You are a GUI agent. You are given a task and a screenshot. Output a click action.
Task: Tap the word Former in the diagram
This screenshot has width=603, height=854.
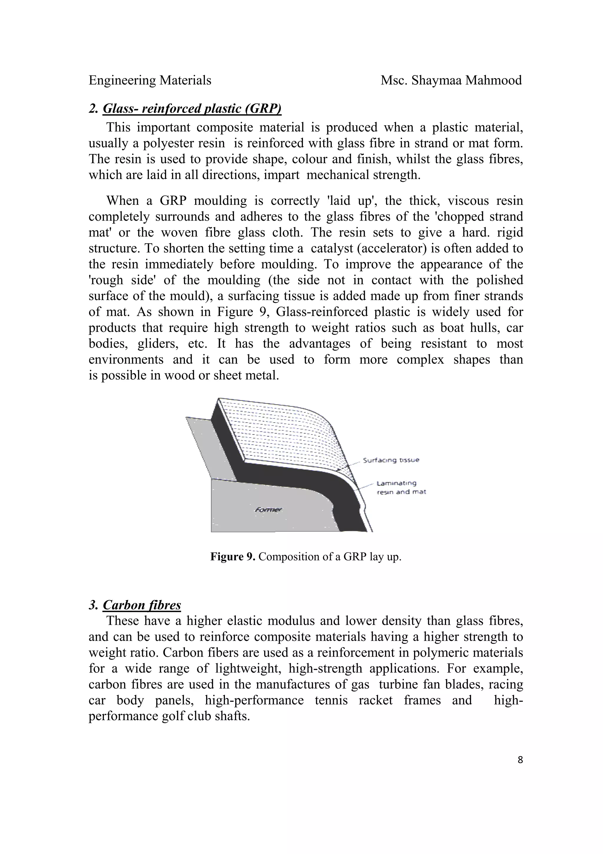point(268,510)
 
